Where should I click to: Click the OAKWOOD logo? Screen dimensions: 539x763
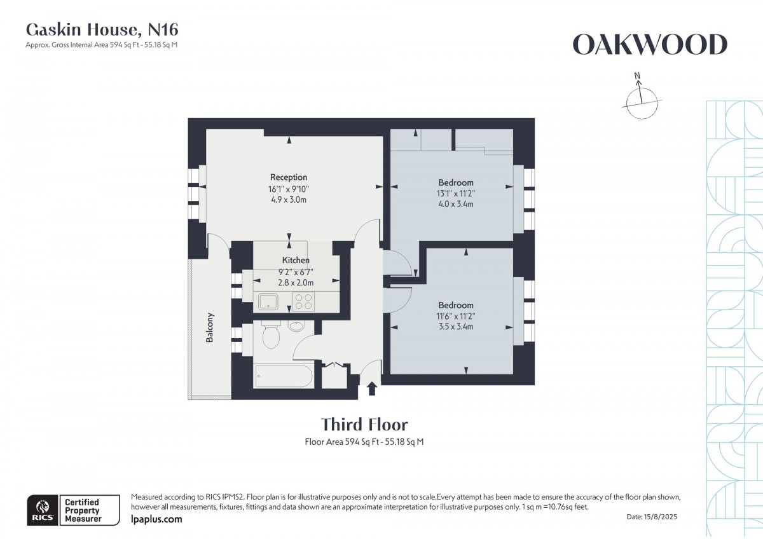649,45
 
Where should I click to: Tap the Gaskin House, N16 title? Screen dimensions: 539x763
102,29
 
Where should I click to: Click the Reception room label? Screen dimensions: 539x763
288,177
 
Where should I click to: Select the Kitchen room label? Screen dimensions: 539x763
296,261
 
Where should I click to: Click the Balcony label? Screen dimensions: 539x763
210,328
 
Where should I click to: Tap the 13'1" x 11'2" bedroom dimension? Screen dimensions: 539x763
455,194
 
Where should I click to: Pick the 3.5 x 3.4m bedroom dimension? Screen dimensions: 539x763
455,327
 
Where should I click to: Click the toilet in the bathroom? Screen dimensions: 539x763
270,336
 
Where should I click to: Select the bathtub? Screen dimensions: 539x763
284,376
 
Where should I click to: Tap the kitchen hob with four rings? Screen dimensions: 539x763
303,301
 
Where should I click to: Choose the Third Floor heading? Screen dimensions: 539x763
364,425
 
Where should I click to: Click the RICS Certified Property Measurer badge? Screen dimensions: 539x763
72,510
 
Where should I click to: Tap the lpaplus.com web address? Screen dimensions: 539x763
156,519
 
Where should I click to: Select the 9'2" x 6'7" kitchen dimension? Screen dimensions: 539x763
296,272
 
